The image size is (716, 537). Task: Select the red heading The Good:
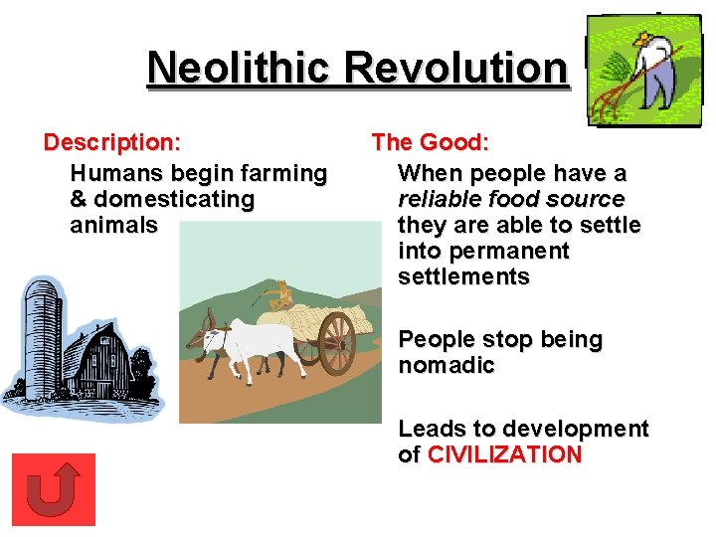coord(431,143)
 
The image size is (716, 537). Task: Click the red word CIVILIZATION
coord(505,455)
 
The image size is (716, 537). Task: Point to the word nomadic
coord(447,366)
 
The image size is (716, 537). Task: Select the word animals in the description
coord(113,226)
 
